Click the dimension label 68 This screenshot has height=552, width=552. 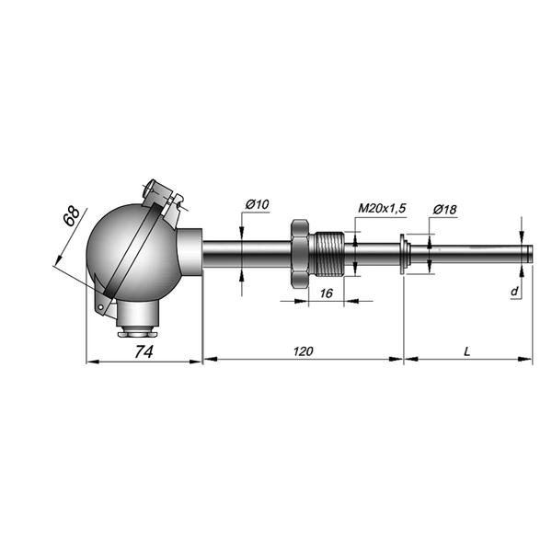(72, 216)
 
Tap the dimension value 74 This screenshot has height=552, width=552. (144, 351)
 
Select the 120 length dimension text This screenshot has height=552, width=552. (303, 351)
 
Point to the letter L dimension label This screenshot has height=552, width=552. (466, 351)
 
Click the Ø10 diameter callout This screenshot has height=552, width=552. (257, 204)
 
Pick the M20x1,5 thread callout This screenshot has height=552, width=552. (382, 209)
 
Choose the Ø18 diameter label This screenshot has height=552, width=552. (444, 210)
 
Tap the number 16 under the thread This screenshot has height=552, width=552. (327, 293)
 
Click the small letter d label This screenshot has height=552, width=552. (514, 291)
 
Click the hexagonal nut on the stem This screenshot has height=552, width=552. (300, 254)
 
